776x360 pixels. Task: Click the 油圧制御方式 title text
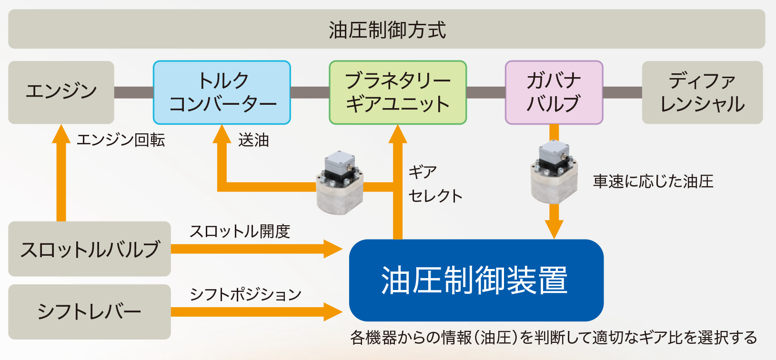(x=387, y=30)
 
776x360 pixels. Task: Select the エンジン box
(x=61, y=92)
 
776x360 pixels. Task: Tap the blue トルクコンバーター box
(x=222, y=92)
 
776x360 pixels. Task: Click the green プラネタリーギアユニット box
(x=398, y=92)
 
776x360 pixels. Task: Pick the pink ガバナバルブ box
(x=554, y=92)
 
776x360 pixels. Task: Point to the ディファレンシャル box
(x=702, y=92)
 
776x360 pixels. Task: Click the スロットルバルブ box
(x=90, y=249)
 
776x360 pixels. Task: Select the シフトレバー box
(x=90, y=312)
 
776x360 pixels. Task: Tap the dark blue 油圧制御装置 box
(x=476, y=280)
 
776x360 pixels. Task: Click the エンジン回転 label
(x=121, y=140)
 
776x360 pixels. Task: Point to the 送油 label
(x=253, y=140)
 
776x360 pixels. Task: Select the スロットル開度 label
(x=240, y=231)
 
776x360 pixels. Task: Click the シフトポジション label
(x=245, y=294)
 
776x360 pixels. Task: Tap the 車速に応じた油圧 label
(x=653, y=181)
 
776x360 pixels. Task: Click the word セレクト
(x=435, y=196)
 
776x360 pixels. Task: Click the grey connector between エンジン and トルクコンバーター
(x=133, y=92)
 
